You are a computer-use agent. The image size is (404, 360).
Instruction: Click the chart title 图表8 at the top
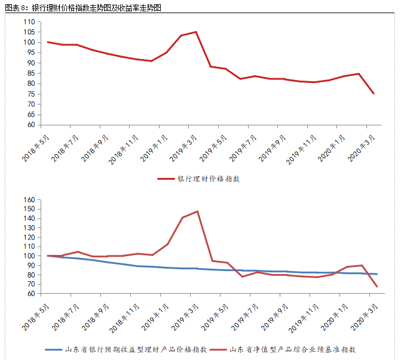pos(83,8)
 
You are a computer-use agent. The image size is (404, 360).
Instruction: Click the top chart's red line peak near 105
pos(195,32)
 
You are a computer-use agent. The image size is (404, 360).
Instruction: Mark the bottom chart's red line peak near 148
pos(197,211)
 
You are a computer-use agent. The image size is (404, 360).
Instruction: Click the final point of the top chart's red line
pos(374,93)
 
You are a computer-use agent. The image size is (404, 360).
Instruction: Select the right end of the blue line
pos(377,274)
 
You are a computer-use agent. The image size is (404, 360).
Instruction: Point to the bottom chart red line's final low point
pos(377,287)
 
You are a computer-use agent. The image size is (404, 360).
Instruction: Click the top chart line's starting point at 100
pos(47,42)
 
